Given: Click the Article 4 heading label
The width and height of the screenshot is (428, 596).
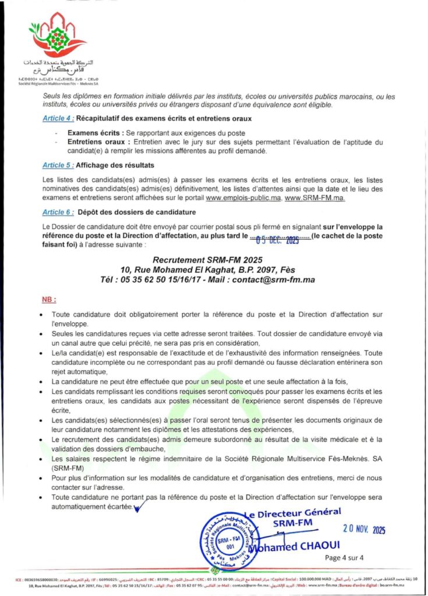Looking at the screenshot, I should coord(58,118).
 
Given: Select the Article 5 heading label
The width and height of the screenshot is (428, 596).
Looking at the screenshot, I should coord(58,165).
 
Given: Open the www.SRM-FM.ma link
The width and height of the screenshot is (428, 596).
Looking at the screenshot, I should coord(315,198).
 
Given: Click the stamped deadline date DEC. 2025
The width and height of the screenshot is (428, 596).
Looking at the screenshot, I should coord(274,235).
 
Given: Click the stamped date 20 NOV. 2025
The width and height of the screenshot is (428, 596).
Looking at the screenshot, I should coord(364,530).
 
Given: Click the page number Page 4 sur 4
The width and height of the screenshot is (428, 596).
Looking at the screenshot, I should coord(345,558).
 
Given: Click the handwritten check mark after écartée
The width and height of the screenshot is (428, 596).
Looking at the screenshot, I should coord(139,509).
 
